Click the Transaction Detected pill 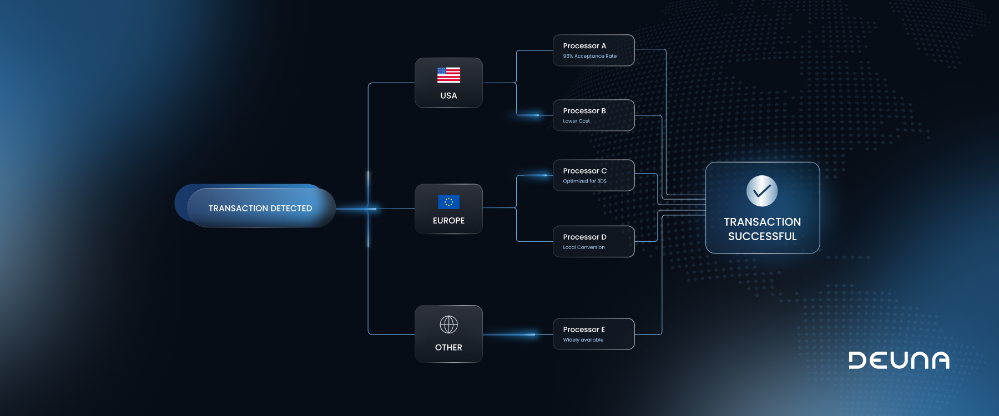pyautogui.click(x=260, y=208)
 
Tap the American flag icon pyautogui.click(x=448, y=75)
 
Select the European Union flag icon pyautogui.click(x=448, y=202)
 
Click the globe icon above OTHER pyautogui.click(x=448, y=324)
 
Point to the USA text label pyautogui.click(x=448, y=96)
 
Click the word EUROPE pyautogui.click(x=448, y=221)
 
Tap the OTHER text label pyautogui.click(x=448, y=348)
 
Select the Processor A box pyautogui.click(x=593, y=50)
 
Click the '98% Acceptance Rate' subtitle pyautogui.click(x=589, y=56)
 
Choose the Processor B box pyautogui.click(x=593, y=115)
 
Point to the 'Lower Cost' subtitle pyautogui.click(x=576, y=121)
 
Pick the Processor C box pyautogui.click(x=593, y=175)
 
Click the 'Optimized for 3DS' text pyautogui.click(x=584, y=181)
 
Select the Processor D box pyautogui.click(x=593, y=241)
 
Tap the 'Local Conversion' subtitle pyautogui.click(x=584, y=247)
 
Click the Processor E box pyautogui.click(x=593, y=333)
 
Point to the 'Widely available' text pyautogui.click(x=583, y=340)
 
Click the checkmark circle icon pyautogui.click(x=762, y=191)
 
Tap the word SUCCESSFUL pyautogui.click(x=762, y=237)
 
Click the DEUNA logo pyautogui.click(x=899, y=361)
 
